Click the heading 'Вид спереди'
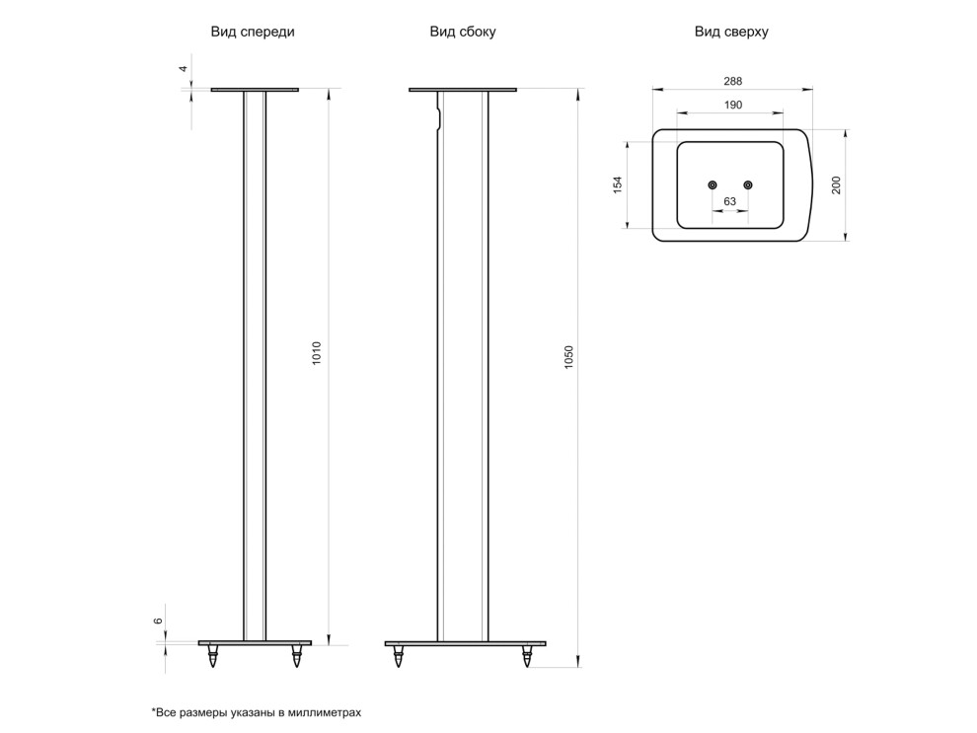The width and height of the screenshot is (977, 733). [x=253, y=32]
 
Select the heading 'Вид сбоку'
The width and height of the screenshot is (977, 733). [x=462, y=32]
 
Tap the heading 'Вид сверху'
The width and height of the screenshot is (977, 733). [x=731, y=32]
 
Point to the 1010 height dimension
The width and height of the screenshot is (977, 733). [x=317, y=353]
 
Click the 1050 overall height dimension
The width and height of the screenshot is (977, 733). [x=568, y=357]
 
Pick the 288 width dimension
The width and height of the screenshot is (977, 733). [x=732, y=81]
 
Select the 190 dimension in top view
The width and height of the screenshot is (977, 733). [x=733, y=106]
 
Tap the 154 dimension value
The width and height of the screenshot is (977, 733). [x=618, y=184]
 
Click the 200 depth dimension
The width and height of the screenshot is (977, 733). [x=836, y=184]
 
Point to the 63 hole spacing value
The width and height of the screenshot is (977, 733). [x=729, y=201]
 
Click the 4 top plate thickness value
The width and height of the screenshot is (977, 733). [x=184, y=69]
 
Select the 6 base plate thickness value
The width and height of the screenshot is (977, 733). [x=158, y=621]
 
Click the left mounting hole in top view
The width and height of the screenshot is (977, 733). [x=713, y=184]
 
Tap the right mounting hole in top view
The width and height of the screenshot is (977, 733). [x=748, y=184]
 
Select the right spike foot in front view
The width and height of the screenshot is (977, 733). [x=297, y=656]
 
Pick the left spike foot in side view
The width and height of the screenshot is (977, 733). [x=398, y=656]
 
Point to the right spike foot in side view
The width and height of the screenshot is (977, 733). [x=527, y=656]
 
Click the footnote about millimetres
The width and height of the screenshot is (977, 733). [x=256, y=712]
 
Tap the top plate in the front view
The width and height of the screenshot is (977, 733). [x=255, y=90]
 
